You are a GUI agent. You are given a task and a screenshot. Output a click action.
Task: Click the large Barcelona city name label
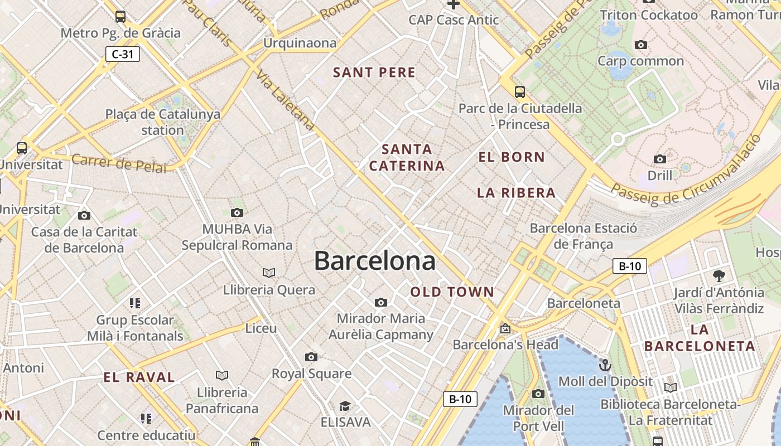tap(374, 260)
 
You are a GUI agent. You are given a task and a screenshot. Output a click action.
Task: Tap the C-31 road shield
tap(122, 54)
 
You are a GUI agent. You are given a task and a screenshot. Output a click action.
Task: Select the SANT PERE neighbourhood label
tap(374, 72)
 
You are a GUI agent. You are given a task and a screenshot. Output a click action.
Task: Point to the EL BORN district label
tap(511, 157)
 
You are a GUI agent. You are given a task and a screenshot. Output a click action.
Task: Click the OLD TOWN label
tap(452, 292)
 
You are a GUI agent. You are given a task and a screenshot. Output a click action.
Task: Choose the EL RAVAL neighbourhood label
tap(139, 377)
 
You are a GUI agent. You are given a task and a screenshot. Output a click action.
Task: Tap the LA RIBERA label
tap(516, 193)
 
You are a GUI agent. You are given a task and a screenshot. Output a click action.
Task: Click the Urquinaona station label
tap(300, 43)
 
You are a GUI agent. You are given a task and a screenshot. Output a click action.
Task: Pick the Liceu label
tap(261, 328)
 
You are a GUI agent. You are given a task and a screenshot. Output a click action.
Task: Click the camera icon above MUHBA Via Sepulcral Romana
tap(237, 212)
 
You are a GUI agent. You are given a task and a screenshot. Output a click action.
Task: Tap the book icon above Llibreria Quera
tap(269, 273)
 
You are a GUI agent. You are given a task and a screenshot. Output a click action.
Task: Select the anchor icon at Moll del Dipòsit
tap(605, 366)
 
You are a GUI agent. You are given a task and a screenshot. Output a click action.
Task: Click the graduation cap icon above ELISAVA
tap(345, 406)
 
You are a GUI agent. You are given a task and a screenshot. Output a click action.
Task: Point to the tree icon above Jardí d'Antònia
tap(719, 275)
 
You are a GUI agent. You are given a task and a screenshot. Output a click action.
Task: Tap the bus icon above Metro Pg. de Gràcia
tap(120, 16)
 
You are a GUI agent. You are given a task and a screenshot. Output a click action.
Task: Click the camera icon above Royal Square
tap(311, 357)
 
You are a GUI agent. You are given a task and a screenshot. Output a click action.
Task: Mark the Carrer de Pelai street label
tap(119, 163)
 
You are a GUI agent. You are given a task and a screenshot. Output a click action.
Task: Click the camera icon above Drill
tap(659, 159)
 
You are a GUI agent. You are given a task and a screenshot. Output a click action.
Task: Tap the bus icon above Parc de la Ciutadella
tap(520, 92)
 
